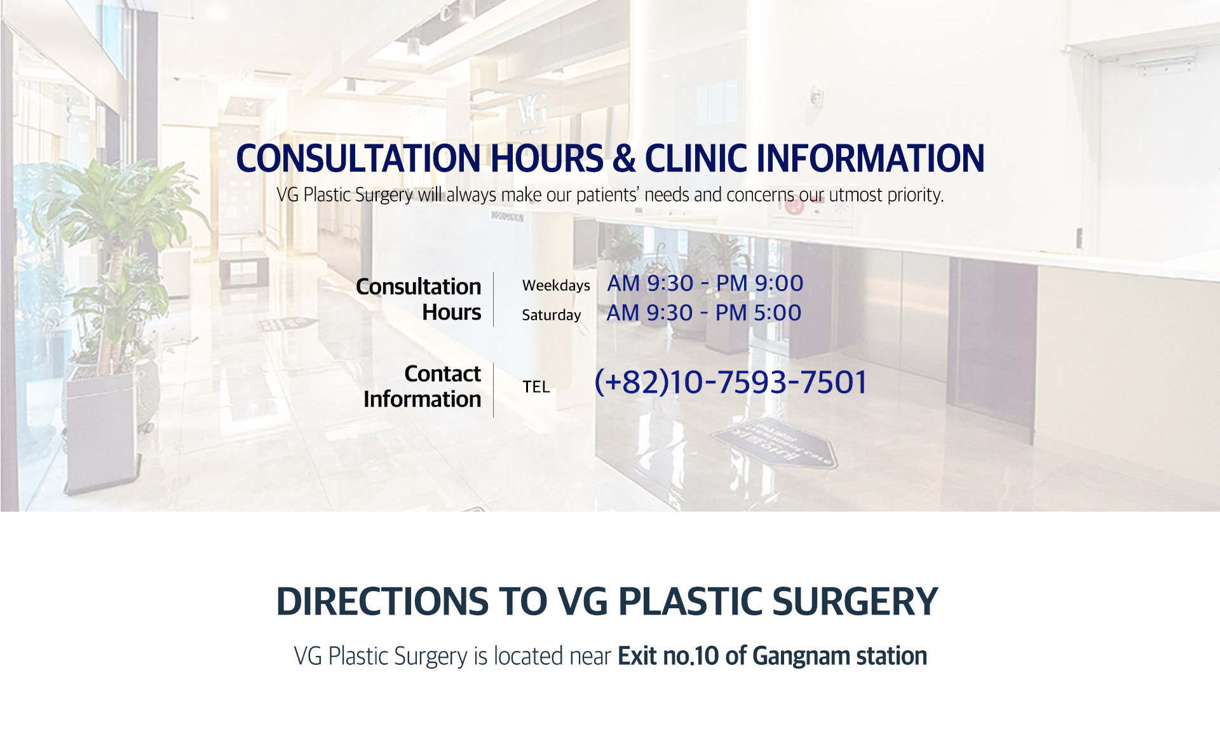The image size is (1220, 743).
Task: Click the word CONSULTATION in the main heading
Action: click(358, 158)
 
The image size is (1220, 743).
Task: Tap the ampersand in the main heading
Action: click(624, 158)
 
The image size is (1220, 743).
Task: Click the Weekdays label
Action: click(556, 285)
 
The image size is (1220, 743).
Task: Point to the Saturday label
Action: click(552, 315)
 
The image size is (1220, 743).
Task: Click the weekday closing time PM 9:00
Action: click(760, 283)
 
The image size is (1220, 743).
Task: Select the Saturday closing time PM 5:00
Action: click(759, 313)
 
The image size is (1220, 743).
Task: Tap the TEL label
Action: click(536, 386)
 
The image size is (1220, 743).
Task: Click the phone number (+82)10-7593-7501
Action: click(731, 382)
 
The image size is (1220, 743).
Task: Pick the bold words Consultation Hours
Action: click(419, 299)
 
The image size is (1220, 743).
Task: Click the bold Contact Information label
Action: click(423, 386)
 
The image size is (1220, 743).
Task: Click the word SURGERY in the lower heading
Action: click(855, 601)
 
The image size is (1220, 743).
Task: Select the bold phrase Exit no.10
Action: click(668, 656)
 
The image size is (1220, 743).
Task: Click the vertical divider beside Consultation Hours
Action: click(494, 299)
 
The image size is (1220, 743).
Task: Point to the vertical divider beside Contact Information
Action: click(494, 390)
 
